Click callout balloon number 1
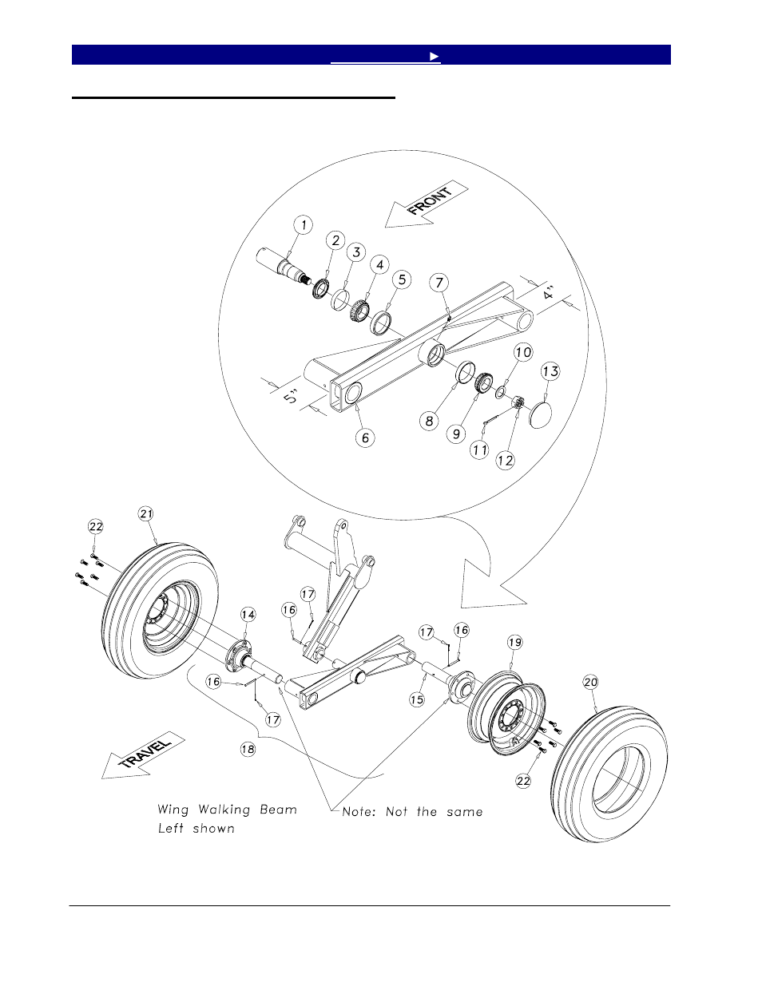point(304,224)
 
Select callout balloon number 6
point(365,438)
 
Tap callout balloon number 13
point(550,371)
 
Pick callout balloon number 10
point(522,351)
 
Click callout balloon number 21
point(145,514)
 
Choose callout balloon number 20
point(590,682)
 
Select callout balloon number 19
point(514,642)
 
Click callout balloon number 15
point(416,699)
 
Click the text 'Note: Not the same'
point(412,811)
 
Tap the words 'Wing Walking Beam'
point(227,810)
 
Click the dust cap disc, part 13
point(546,414)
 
